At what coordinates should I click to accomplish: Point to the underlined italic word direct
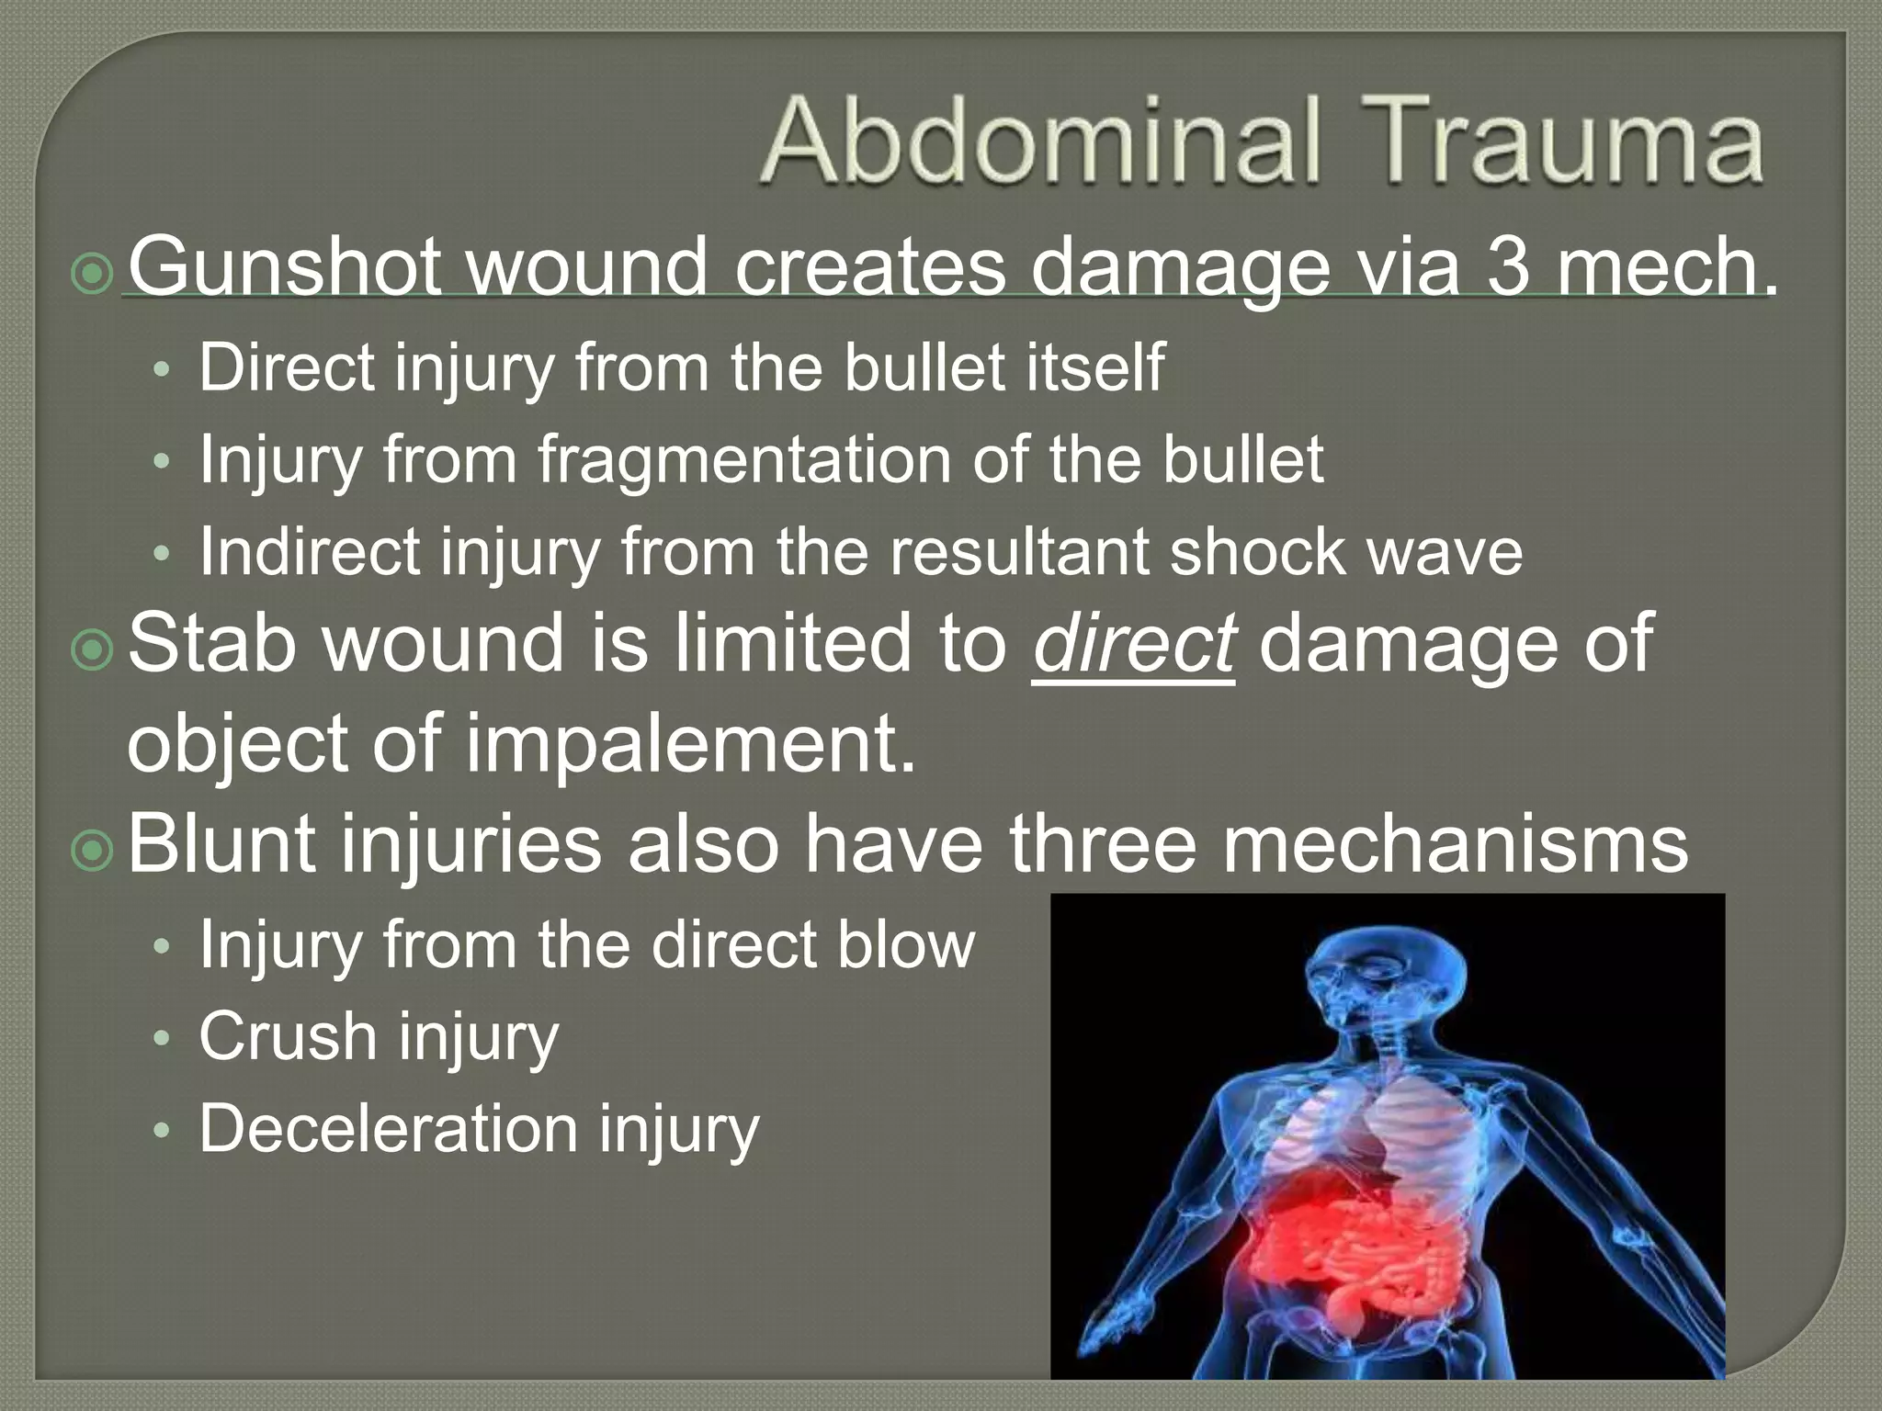tap(1133, 645)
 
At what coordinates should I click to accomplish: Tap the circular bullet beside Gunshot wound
tap(92, 274)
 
